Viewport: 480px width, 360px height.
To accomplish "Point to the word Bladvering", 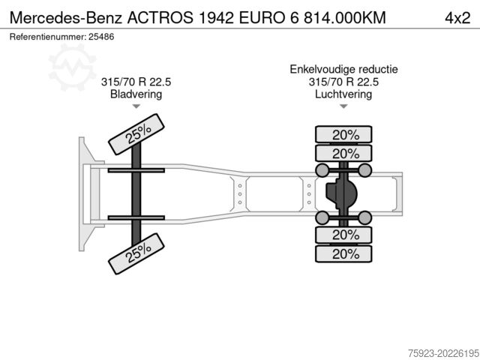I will point(136,94).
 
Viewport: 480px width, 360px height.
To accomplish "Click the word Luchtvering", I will point(343,94).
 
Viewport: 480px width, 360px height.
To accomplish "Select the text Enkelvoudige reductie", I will point(343,69).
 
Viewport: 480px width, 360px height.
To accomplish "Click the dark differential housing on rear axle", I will point(341,194).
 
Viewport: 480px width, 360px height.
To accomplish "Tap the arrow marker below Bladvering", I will point(136,106).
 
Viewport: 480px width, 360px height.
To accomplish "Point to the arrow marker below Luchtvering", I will point(343,106).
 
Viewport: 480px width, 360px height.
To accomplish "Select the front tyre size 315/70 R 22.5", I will point(136,82).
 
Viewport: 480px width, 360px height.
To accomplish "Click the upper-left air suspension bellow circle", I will point(323,171).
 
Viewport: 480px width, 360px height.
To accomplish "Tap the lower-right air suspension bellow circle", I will point(365,218).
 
